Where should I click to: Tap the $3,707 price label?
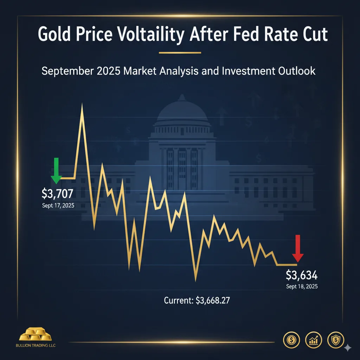(57, 193)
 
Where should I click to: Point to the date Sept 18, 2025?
(302, 287)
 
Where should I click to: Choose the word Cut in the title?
(314, 35)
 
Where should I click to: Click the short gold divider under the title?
(180, 53)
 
